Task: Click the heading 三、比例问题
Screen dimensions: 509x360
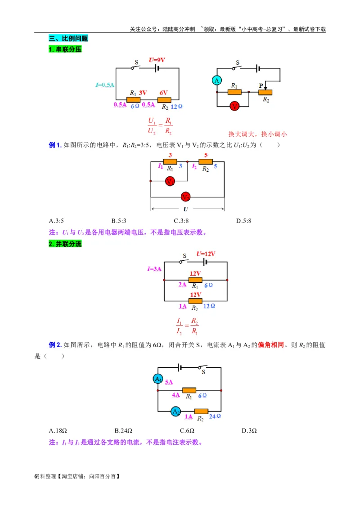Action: coord(68,39)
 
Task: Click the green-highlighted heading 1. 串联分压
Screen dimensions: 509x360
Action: coord(65,49)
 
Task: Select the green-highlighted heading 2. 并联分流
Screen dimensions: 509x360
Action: coord(65,244)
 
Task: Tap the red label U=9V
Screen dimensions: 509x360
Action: coord(157,60)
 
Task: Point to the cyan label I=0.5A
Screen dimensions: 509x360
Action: coord(105,85)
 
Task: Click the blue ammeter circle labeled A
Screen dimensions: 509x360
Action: coord(217,80)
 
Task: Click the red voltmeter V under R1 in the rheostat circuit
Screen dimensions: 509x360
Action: coord(234,106)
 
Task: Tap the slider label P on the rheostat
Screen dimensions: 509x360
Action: coord(261,85)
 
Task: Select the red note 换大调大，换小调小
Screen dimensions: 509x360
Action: coord(257,134)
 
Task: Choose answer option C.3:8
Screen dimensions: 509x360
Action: coord(181,221)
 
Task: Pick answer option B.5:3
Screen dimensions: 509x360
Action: coord(119,221)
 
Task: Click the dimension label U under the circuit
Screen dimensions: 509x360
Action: coord(186,209)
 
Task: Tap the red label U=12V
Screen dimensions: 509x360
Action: coord(206,254)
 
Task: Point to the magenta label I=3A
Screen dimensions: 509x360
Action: coord(154,269)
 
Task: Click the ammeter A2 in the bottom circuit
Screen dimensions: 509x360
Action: coord(176,411)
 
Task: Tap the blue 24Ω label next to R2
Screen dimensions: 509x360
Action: coord(215,416)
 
